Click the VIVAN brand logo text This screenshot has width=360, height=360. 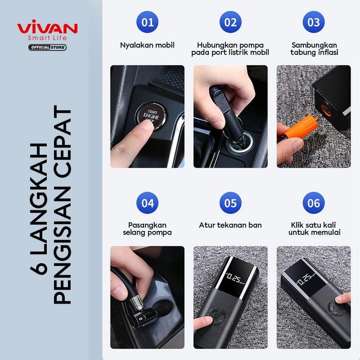coord(47,27)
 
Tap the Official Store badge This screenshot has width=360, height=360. coord(47,48)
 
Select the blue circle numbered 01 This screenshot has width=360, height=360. coord(147,22)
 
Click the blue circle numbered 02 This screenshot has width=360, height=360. coord(230,22)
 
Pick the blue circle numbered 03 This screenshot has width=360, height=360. coord(313,22)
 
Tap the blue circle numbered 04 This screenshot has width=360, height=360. coord(147,203)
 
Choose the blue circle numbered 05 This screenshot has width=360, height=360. coord(230,203)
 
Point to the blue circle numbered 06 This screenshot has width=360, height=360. coord(313,203)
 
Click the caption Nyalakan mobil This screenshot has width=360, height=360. coord(147,45)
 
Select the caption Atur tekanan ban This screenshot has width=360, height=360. coord(230,225)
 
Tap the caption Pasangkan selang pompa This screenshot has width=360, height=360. coord(147,229)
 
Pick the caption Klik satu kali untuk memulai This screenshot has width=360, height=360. coord(313,229)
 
